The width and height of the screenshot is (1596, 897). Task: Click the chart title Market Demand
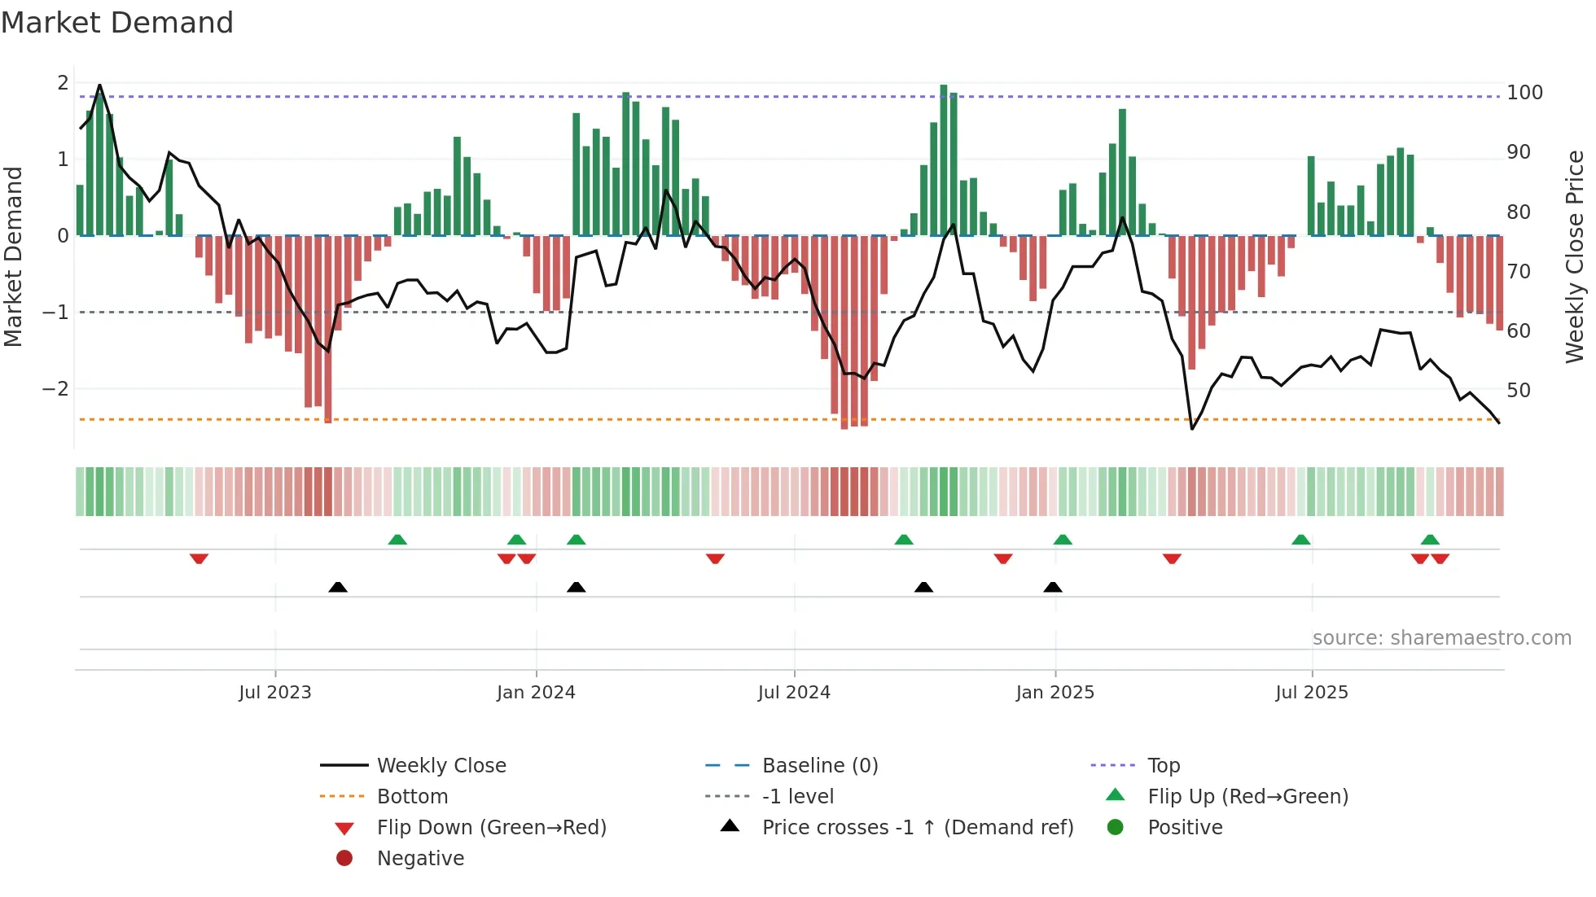(117, 23)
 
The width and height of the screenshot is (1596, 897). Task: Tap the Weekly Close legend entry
(441, 765)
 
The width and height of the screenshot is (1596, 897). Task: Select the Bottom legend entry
(412, 796)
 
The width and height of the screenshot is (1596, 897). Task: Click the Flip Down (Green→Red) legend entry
(491, 827)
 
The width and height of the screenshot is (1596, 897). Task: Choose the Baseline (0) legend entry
(819, 765)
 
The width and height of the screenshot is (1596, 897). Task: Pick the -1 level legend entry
(797, 796)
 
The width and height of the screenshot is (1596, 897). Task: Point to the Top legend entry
(1163, 765)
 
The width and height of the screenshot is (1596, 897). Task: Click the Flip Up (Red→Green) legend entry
(1247, 796)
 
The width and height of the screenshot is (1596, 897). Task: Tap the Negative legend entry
(420, 858)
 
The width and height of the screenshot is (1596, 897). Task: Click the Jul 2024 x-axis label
(794, 693)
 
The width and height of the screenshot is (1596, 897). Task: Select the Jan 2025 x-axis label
(1054, 693)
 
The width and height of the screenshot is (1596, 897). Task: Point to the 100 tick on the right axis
(1524, 93)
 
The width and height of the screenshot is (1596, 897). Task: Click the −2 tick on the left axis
(55, 389)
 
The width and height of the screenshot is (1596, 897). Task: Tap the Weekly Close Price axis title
(1575, 256)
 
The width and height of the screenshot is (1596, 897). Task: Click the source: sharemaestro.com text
(1441, 638)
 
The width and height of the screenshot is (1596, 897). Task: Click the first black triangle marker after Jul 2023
(338, 587)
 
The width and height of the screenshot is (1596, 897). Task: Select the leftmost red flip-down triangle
(199, 558)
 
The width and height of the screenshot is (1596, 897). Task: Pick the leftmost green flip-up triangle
(397, 540)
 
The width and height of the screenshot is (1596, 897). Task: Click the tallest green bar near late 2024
(943, 160)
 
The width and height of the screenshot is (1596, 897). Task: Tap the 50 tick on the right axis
(1519, 391)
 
